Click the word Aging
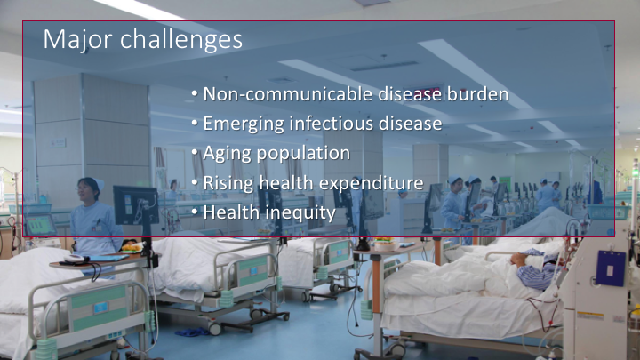pyautogui.click(x=227, y=154)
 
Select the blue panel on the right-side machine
pyautogui.click(x=610, y=268)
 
